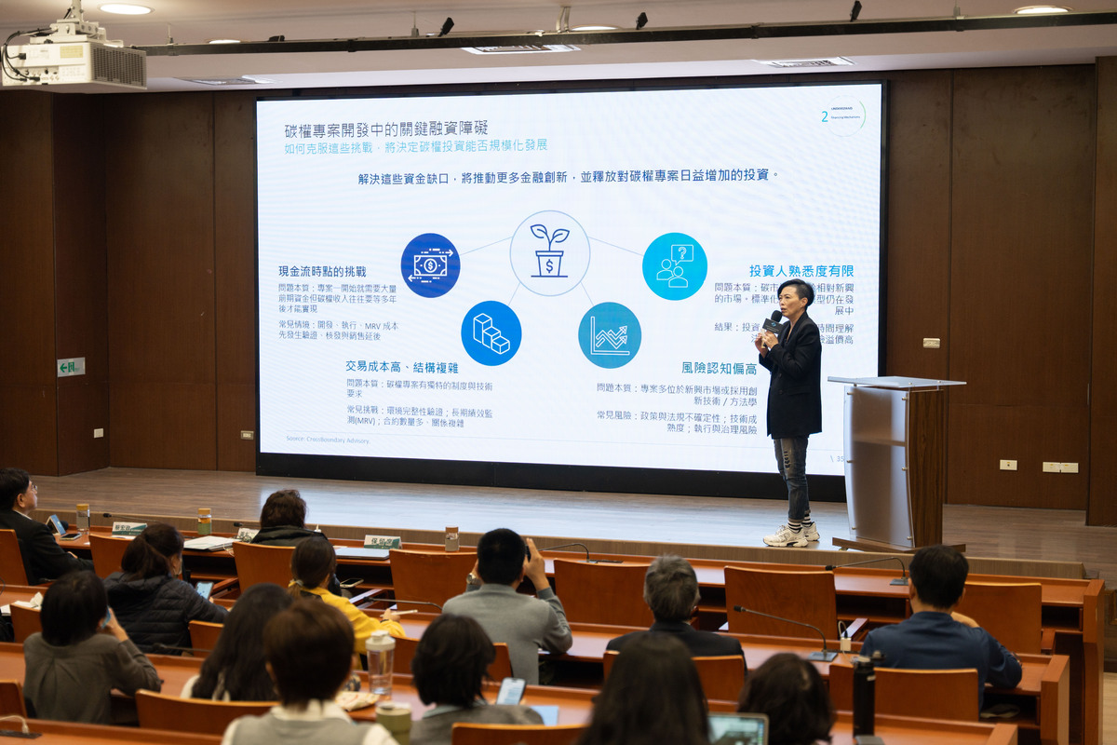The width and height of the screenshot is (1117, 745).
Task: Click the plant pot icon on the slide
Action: pyautogui.click(x=549, y=252)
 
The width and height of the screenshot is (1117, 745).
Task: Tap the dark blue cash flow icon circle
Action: pyautogui.click(x=430, y=265)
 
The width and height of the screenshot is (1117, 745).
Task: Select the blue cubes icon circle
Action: pyautogui.click(x=491, y=332)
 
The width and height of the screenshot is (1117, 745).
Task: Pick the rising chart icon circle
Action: pyautogui.click(x=609, y=335)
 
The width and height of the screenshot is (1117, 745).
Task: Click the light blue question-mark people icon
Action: pyautogui.click(x=674, y=266)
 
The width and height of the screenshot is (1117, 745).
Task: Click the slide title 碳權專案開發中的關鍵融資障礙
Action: pyautogui.click(x=385, y=129)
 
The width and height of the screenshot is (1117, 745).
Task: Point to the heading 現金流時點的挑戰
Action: pyautogui.click(x=323, y=271)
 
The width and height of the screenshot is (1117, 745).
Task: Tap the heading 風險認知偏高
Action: pyautogui.click(x=719, y=368)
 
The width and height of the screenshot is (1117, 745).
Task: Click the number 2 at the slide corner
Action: pyautogui.click(x=825, y=116)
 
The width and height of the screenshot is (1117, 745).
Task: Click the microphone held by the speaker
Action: pyautogui.click(x=773, y=322)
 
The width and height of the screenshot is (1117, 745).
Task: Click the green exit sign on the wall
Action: pyautogui.click(x=71, y=367)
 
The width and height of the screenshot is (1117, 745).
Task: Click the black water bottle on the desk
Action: pyautogui.click(x=864, y=695)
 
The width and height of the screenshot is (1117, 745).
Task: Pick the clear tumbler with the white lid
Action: pyautogui.click(x=380, y=661)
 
